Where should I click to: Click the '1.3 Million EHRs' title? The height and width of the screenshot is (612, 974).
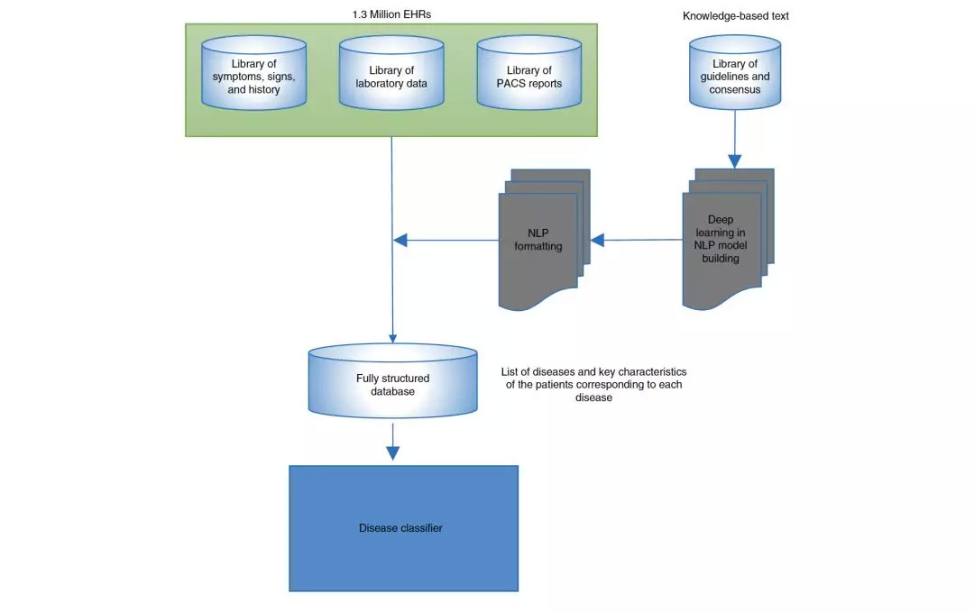click(391, 14)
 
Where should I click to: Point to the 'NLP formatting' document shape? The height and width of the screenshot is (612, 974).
click(538, 241)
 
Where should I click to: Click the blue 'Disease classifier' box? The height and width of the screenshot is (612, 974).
click(403, 528)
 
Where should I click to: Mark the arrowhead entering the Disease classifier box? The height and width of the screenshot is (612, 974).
click(392, 453)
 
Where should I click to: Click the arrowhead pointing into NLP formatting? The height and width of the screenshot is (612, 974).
click(597, 241)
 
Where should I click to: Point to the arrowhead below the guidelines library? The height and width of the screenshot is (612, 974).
click(734, 162)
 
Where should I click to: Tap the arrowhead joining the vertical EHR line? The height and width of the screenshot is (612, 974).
click(400, 240)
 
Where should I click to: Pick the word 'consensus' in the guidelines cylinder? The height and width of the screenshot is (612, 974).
click(734, 89)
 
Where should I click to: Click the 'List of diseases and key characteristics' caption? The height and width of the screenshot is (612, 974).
click(593, 371)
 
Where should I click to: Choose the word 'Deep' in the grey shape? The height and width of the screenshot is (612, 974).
click(722, 219)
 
